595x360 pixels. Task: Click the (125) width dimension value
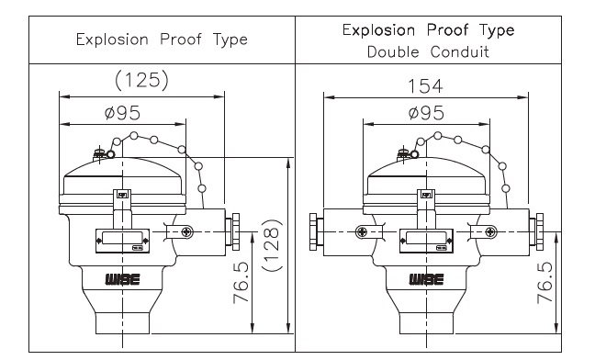click(141, 80)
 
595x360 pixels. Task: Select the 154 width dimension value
click(425, 86)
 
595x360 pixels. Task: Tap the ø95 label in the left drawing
click(122, 113)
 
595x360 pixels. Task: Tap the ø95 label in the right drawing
click(426, 113)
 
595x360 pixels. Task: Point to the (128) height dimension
click(272, 245)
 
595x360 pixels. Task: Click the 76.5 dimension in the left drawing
click(241, 283)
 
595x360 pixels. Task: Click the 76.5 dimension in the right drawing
click(544, 283)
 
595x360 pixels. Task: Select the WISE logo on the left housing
click(122, 280)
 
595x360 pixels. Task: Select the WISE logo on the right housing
click(426, 280)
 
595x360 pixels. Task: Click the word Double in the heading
click(393, 52)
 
